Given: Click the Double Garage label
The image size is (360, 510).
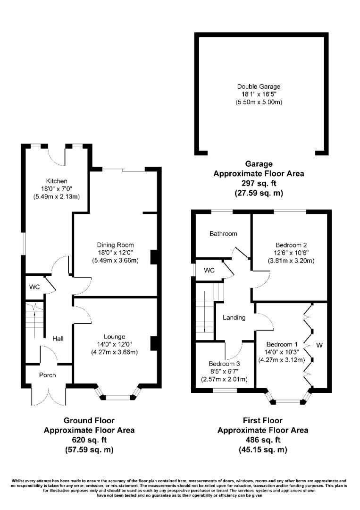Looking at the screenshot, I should point(259,86).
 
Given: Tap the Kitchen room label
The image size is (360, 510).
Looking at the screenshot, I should point(57,181).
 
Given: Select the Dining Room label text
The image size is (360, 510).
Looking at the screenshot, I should point(115,245).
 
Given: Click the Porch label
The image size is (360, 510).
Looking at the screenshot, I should point(47,375).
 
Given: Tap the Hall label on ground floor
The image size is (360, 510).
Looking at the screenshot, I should point(59,339).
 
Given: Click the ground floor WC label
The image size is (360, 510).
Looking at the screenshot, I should point(33,287).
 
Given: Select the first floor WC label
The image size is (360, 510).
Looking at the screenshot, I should point(209,271).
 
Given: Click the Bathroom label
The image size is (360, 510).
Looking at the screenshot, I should point(223,234).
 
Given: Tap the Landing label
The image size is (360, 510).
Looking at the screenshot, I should point(234,317).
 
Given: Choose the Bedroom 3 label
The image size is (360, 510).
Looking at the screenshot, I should point(225,364).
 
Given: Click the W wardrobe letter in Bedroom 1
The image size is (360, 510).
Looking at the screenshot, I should point(319,346).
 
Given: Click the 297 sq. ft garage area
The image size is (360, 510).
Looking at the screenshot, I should point(259,183).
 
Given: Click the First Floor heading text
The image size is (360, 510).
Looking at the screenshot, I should point(262,420).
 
